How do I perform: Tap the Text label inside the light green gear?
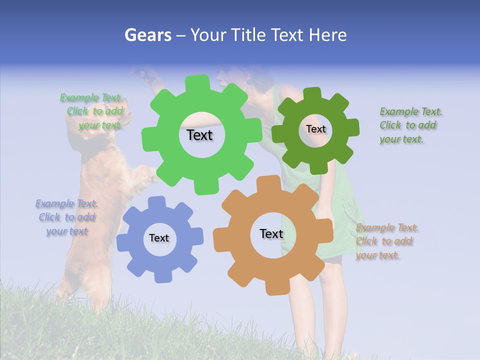tap(199, 135)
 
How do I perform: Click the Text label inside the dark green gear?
tap(315, 129)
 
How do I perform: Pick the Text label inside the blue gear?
tap(159, 238)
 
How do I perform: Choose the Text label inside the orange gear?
tap(271, 233)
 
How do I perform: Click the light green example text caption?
tap(92, 111)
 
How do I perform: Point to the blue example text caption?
tap(66, 217)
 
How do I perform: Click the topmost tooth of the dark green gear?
tap(312, 93)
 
